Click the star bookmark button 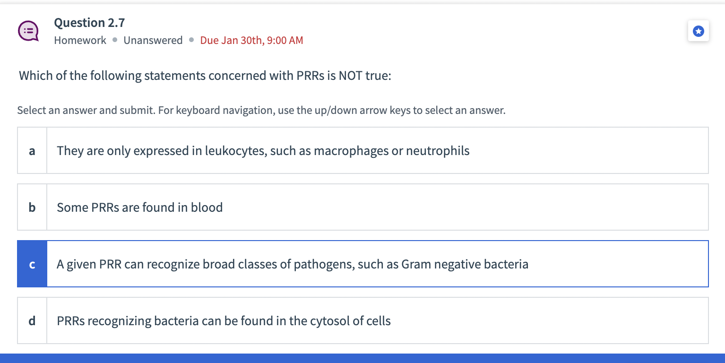tap(698, 31)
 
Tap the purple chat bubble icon tap(28, 31)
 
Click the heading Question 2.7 tap(89, 23)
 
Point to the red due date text tap(251, 40)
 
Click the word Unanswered tap(153, 40)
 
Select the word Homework tap(80, 40)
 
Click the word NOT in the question tap(350, 76)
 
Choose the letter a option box tap(32, 151)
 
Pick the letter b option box tap(32, 207)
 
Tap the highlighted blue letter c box tap(32, 264)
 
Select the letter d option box tap(32, 321)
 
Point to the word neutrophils tap(438, 151)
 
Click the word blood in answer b tap(207, 207)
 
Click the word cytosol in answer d tap(330, 321)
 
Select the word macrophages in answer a tap(350, 151)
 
